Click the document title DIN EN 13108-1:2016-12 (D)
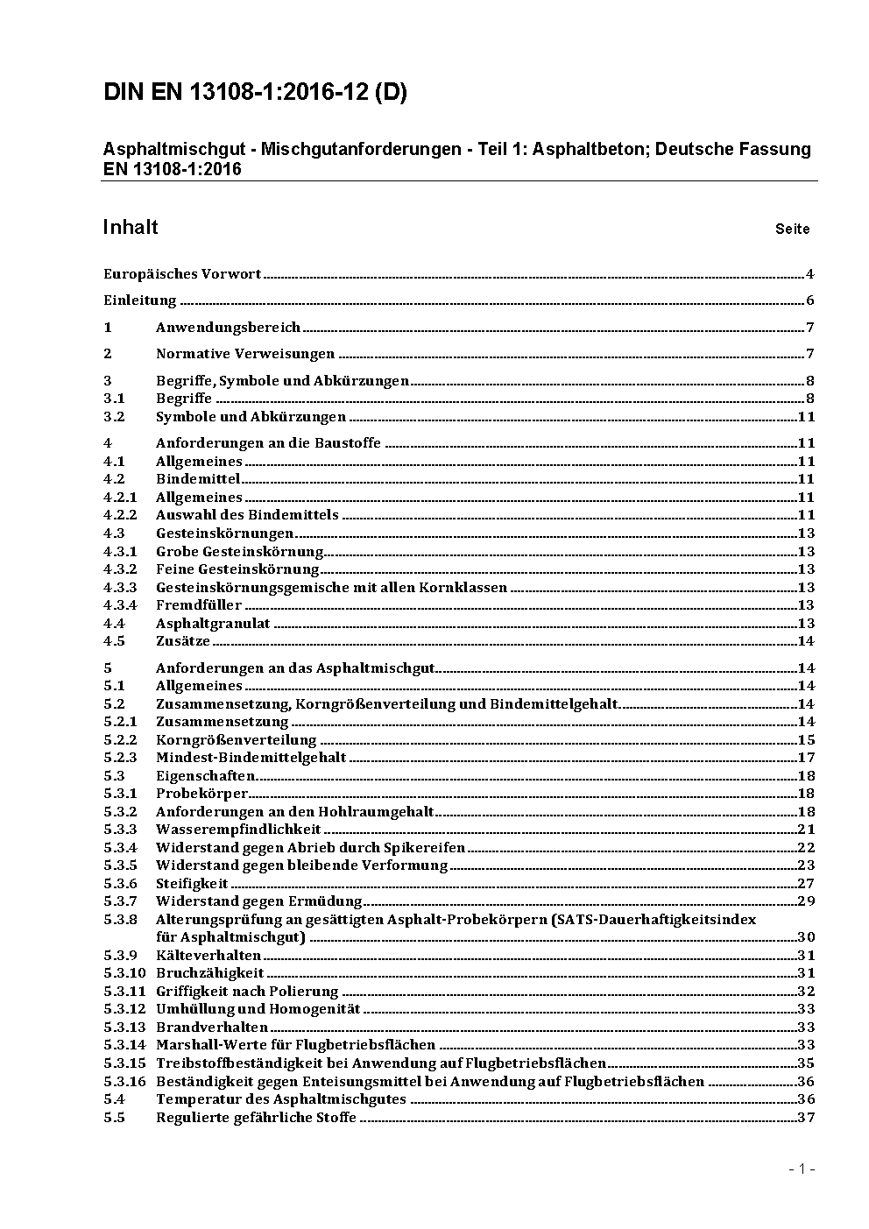point(255,93)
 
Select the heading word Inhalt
point(131,228)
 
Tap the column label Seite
point(792,230)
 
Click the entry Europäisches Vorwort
point(182,274)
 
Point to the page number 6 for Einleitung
point(810,301)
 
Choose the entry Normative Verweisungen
point(245,354)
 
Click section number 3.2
point(114,417)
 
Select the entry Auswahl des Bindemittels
point(247,515)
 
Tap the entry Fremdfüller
point(199,605)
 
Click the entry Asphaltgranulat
point(213,624)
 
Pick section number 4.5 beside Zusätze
point(114,641)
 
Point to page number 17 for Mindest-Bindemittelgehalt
point(806,758)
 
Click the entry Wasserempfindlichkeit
point(238,830)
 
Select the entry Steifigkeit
point(192,884)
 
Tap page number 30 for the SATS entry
point(806,937)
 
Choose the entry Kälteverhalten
point(208,956)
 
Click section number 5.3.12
point(124,1009)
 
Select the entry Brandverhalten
point(212,1028)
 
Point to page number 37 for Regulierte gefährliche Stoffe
point(806,1118)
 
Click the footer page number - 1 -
point(802,1169)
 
